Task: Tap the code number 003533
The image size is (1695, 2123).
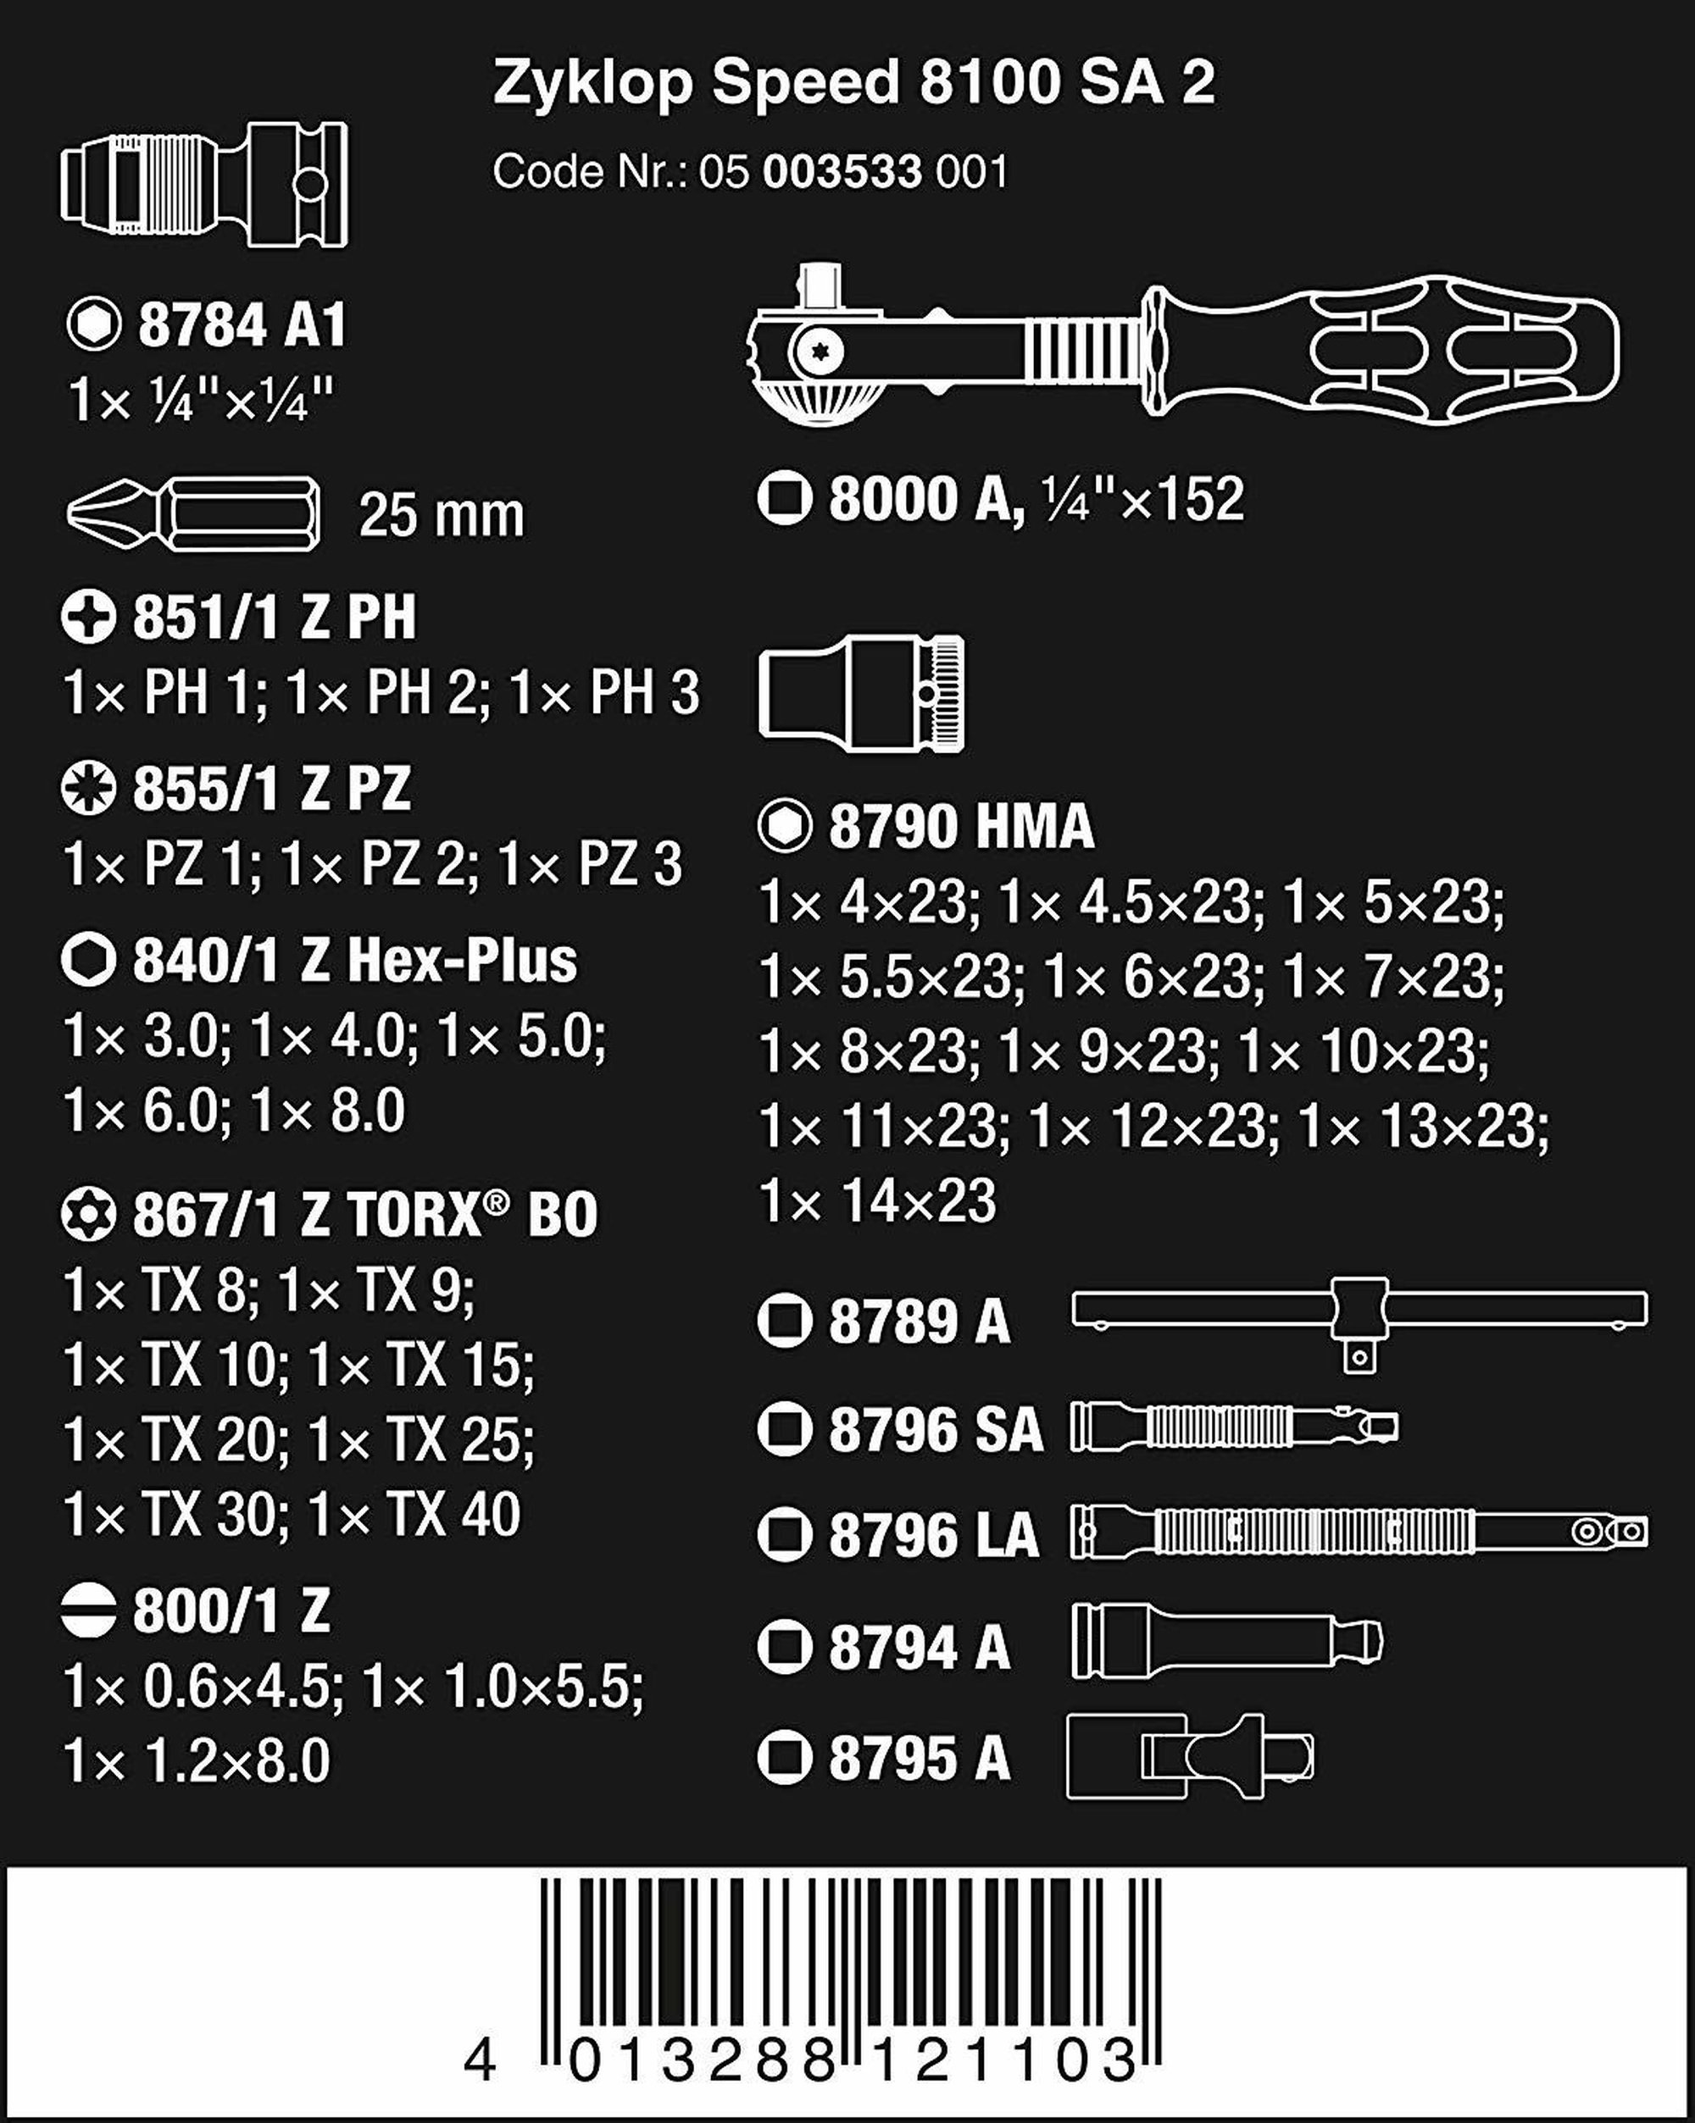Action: (842, 172)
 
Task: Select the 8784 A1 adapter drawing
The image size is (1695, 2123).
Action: (204, 184)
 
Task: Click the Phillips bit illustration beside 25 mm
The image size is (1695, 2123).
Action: (193, 514)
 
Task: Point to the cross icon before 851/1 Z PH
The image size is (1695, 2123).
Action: (89, 618)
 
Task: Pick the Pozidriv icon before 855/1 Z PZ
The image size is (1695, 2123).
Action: (89, 790)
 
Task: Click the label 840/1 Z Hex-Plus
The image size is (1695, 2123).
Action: (354, 961)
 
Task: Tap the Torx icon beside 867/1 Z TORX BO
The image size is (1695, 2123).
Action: (89, 1214)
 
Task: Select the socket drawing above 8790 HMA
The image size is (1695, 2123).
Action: (862, 694)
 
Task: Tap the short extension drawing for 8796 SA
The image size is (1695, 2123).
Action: (1235, 1427)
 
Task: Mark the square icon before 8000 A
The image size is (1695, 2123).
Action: (785, 499)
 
